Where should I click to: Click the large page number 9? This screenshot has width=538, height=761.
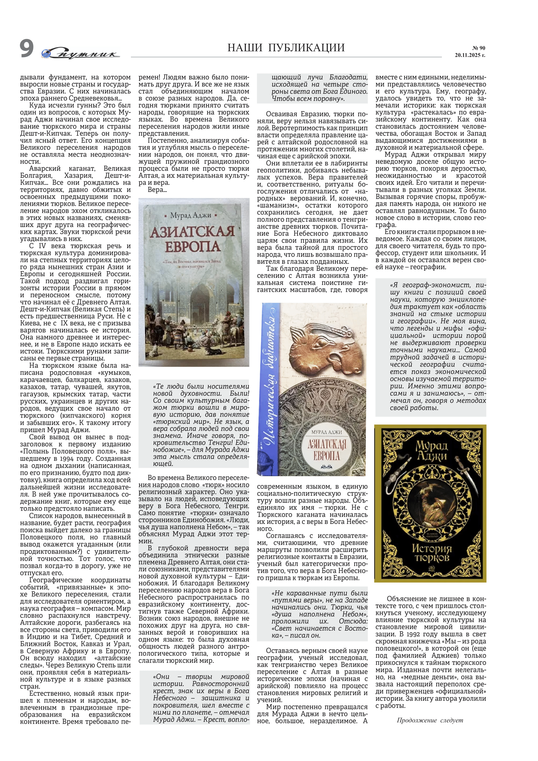pyautogui.click(x=26, y=49)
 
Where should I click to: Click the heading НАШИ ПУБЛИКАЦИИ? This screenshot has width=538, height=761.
pyautogui.click(x=286, y=48)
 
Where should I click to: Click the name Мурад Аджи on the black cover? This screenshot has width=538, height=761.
pyautogui.click(x=431, y=451)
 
